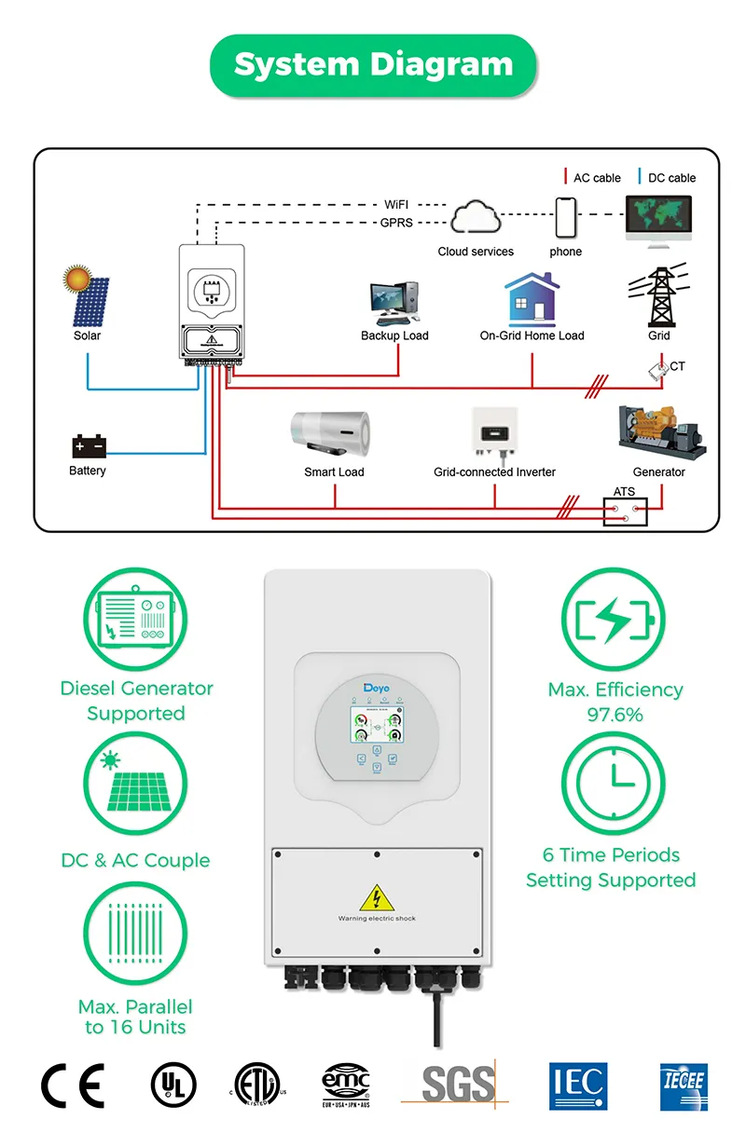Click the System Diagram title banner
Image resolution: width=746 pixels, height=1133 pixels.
tap(373, 65)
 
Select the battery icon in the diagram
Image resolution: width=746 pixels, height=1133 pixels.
tap(90, 446)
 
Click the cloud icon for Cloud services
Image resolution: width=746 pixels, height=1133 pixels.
tap(476, 219)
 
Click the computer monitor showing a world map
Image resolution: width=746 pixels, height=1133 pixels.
tap(658, 219)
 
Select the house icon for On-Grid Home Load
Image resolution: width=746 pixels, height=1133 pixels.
tap(532, 298)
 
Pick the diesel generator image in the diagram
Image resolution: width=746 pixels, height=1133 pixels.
tap(659, 433)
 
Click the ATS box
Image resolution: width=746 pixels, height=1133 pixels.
tap(625, 512)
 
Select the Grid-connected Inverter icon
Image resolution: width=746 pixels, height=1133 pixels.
tap(494, 434)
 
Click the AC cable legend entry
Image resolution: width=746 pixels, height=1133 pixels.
tap(592, 178)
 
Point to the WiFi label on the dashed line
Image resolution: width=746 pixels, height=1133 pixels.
tap(396, 204)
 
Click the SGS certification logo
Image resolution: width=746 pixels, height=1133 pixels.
tap(457, 1084)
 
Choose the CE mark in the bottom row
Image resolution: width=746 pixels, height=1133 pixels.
tap(73, 1085)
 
